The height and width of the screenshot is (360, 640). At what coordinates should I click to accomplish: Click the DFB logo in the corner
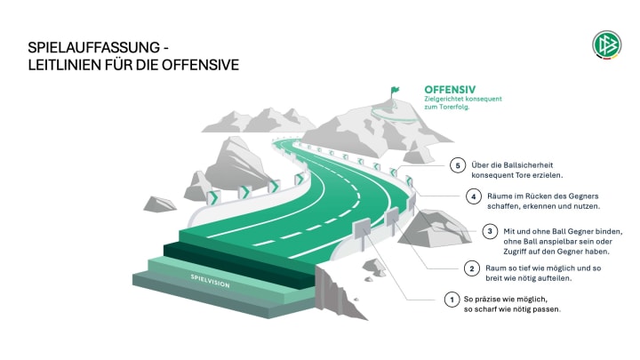[x=606, y=44]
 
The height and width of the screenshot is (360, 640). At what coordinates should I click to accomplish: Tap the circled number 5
[x=457, y=166]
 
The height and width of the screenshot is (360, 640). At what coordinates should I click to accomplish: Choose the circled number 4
[x=474, y=196]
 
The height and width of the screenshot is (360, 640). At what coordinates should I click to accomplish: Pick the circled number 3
[x=487, y=232]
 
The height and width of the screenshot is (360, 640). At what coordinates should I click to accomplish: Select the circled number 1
[x=452, y=300]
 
